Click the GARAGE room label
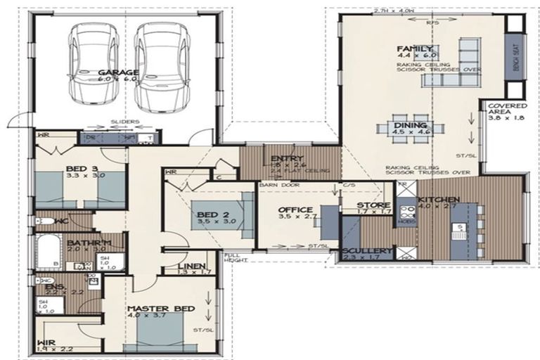[117, 72]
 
